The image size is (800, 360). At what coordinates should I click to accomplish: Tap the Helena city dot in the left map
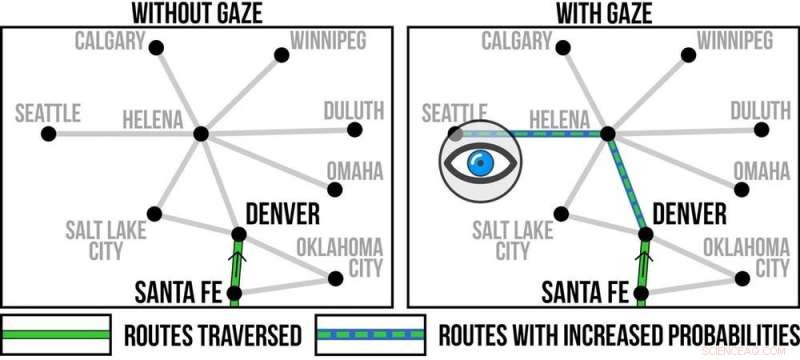tap(200, 133)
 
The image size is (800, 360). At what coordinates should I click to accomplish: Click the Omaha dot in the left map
tap(335, 189)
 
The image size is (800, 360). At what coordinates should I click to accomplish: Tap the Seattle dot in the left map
tap(55, 133)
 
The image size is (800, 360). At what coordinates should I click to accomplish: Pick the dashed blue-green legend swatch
tap(370, 333)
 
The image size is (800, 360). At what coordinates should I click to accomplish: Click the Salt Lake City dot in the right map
tap(563, 213)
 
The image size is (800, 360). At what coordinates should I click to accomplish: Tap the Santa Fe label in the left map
tap(178, 293)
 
